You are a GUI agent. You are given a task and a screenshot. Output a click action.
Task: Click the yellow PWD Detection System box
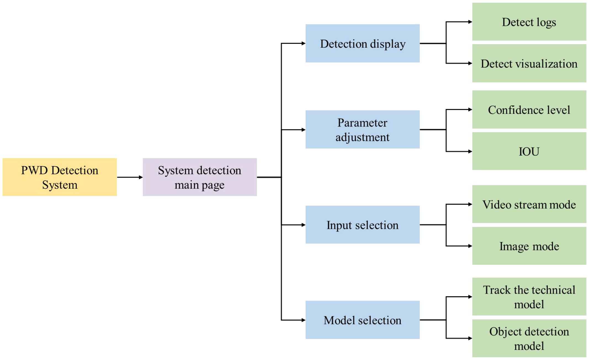(x=60, y=177)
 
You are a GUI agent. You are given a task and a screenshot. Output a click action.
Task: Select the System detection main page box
(x=200, y=177)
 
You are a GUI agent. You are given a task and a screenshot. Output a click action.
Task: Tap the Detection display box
(x=362, y=43)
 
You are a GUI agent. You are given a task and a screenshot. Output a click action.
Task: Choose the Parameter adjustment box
(x=362, y=129)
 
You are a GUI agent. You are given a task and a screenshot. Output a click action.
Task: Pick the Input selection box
(x=362, y=225)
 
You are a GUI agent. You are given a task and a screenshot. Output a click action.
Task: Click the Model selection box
(x=362, y=320)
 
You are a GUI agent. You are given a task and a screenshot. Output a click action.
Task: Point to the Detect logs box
(x=529, y=22)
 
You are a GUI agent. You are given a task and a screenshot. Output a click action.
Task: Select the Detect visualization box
(x=529, y=63)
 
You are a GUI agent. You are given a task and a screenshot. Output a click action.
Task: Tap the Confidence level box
(x=529, y=110)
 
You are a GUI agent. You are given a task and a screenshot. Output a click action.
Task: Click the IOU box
(x=529, y=151)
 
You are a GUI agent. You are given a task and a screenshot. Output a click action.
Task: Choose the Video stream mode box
(x=529, y=204)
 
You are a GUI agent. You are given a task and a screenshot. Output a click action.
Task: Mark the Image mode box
(x=529, y=246)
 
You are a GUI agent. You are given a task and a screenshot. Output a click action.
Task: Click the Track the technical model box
(x=529, y=297)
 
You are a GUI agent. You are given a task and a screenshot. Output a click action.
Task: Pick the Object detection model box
(x=529, y=338)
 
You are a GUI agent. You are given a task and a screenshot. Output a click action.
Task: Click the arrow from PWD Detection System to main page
(x=130, y=177)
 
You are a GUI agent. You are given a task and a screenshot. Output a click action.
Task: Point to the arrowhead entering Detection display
(x=303, y=43)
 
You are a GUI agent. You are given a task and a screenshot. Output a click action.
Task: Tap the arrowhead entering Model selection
(x=303, y=320)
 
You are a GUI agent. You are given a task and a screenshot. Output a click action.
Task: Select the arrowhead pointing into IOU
(x=470, y=151)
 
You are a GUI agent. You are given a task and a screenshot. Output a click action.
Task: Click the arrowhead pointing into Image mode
(x=470, y=246)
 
